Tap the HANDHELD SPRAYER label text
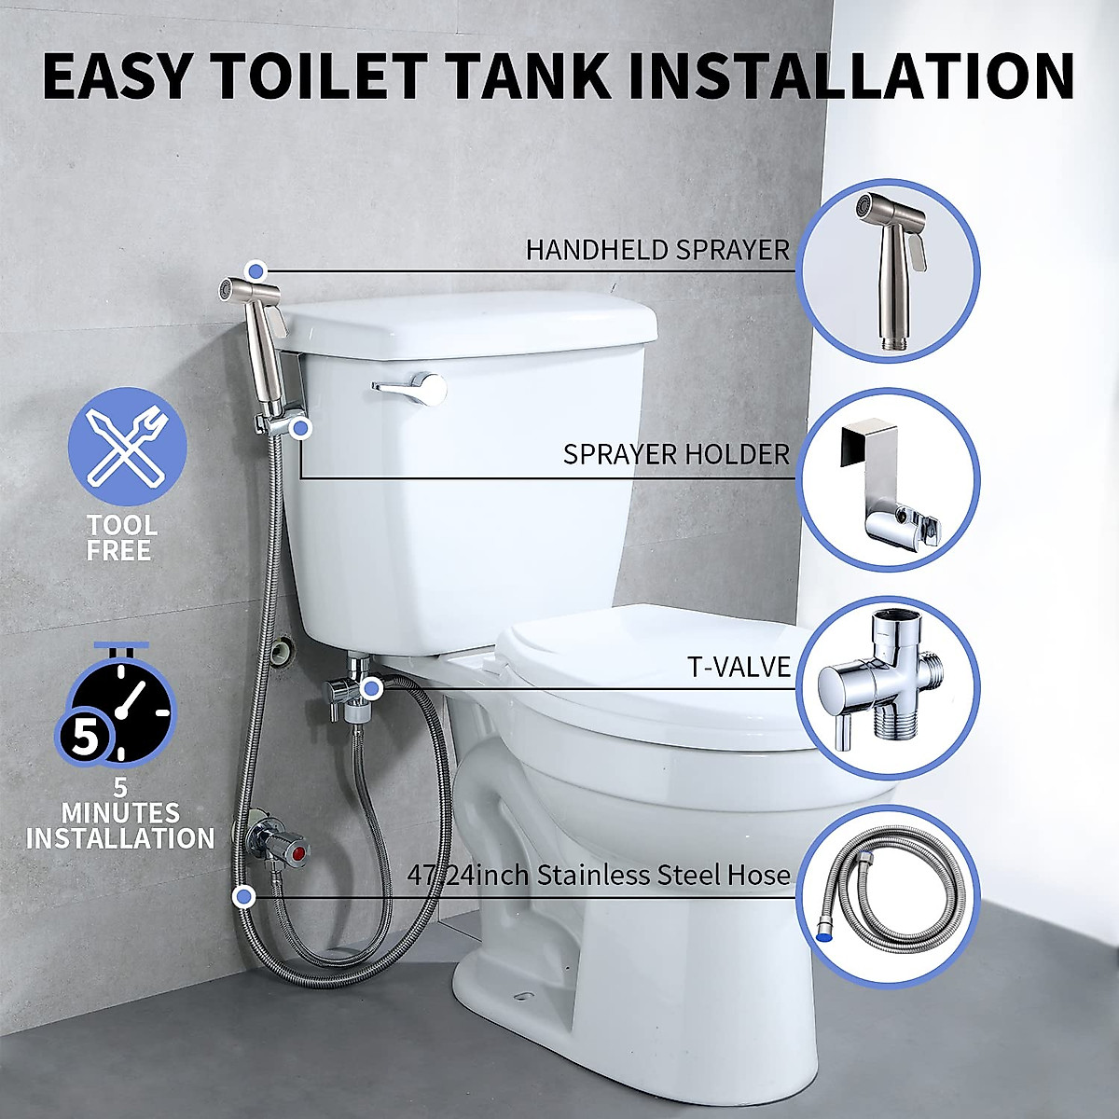tap(657, 250)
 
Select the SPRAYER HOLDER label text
tap(676, 455)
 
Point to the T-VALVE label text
tap(739, 666)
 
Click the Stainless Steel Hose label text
tap(599, 876)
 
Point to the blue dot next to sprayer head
tap(259, 270)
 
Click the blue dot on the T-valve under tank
tap(371, 689)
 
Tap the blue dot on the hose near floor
tap(244, 896)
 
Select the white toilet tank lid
tap(466, 322)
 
